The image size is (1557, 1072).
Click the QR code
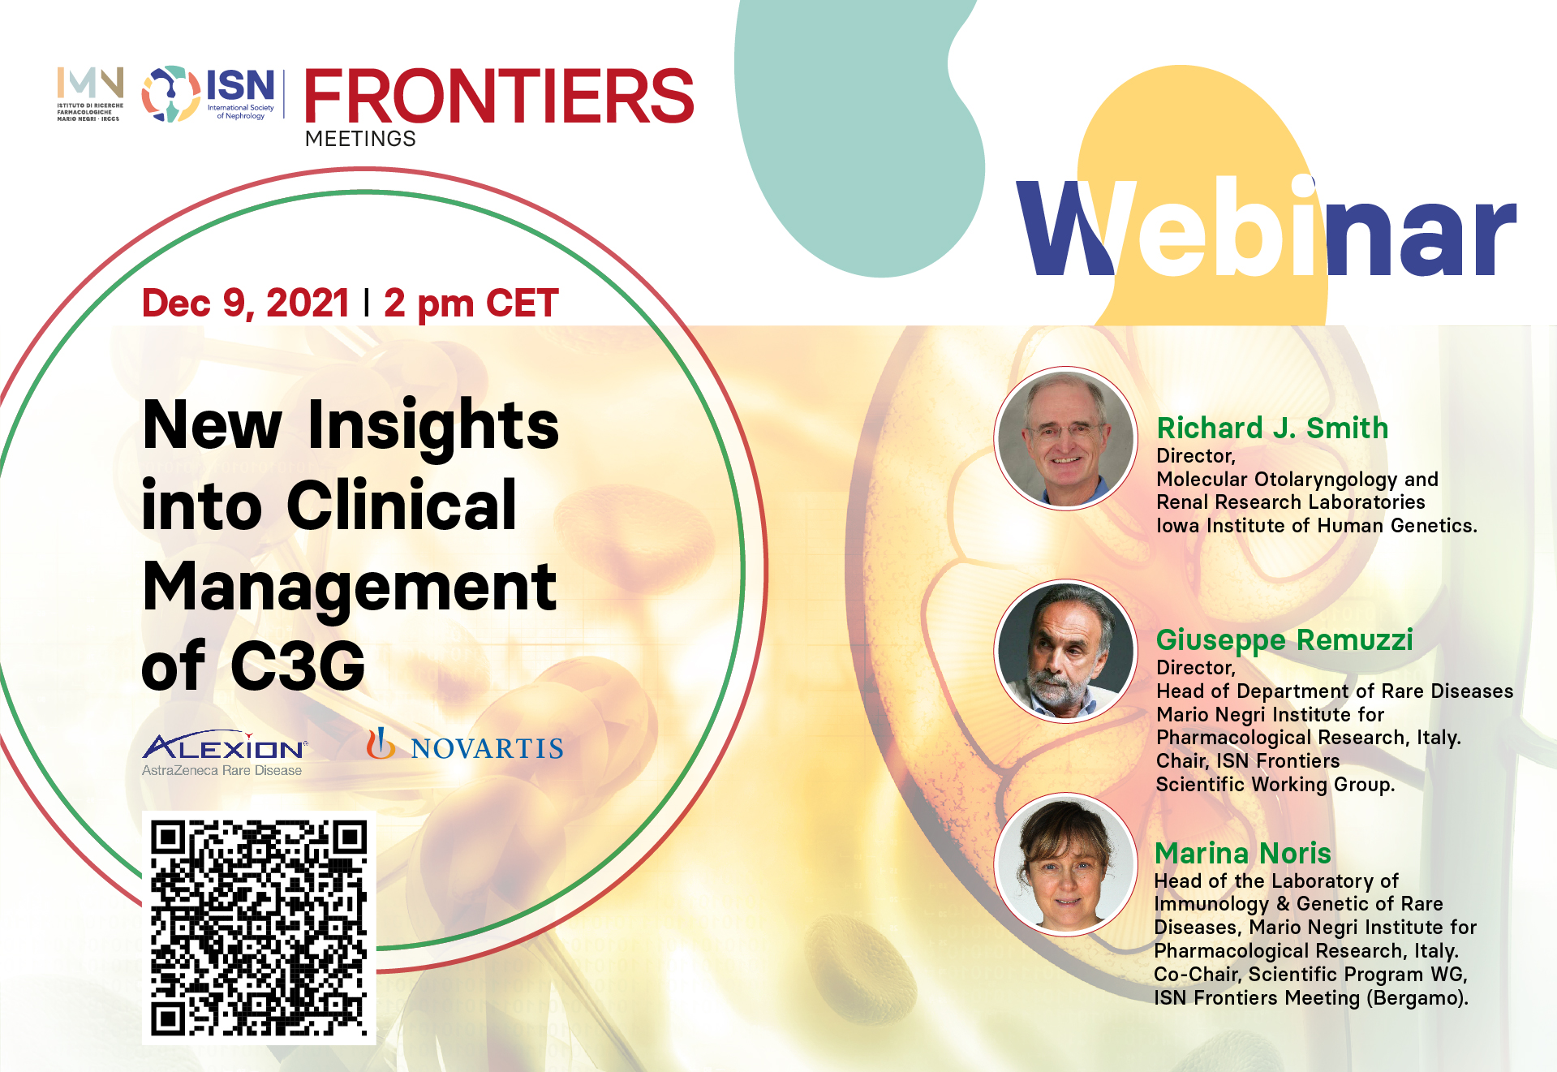pos(259,928)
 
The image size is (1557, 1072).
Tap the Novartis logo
pos(465,744)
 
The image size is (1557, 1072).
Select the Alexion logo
pos(225,754)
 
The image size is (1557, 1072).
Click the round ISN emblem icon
pos(171,94)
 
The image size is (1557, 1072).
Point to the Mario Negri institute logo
pos(90,94)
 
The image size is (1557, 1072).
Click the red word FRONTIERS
pos(499,96)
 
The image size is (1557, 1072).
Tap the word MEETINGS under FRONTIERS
pos(360,139)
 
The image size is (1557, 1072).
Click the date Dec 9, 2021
pos(246,303)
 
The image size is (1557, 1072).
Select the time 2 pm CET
pos(471,304)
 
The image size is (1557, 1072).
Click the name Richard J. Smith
pos(1272,428)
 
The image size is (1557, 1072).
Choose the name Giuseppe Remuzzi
pos(1284,640)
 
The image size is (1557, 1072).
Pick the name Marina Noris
pos(1243,853)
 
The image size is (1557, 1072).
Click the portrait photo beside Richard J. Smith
pos(1066,438)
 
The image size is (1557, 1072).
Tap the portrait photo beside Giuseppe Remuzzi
pos(1066,651)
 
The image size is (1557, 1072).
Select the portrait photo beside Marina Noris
pos(1066,864)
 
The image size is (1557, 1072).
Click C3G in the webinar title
pos(298,665)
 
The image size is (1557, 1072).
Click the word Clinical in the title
pos(402,505)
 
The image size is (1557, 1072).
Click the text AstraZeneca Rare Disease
pos(222,770)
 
